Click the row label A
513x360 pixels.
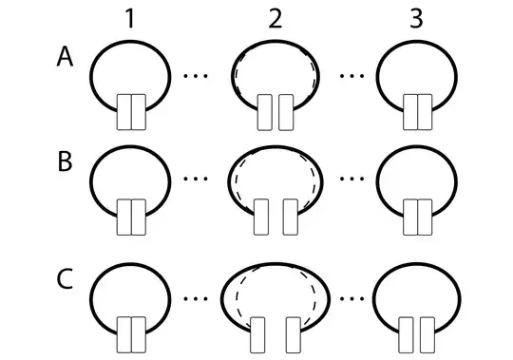65,58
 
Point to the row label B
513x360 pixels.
65,161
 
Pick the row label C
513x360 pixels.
65,282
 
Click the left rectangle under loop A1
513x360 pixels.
123,112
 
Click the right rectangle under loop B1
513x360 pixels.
138,218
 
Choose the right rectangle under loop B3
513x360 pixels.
425,218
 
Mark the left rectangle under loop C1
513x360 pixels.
123,337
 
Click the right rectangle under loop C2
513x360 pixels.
294,337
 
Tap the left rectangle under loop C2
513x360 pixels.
258,337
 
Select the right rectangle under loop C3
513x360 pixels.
425,337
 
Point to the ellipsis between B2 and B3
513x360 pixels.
351,177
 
